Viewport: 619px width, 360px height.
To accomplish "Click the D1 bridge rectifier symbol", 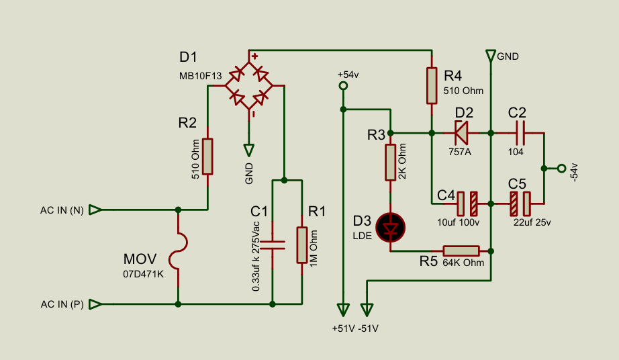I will pos(248,85).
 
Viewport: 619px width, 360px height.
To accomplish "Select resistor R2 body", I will pos(208,156).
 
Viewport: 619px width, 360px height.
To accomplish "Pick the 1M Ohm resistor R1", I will pos(302,245).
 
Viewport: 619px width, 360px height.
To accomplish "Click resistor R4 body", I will pos(431,85).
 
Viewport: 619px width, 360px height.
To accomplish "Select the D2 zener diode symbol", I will pos(461,132).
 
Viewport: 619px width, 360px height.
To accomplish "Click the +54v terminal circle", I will pos(343,86).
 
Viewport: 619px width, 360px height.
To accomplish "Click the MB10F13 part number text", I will pos(200,76).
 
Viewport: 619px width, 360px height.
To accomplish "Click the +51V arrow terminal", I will pos(343,310).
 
